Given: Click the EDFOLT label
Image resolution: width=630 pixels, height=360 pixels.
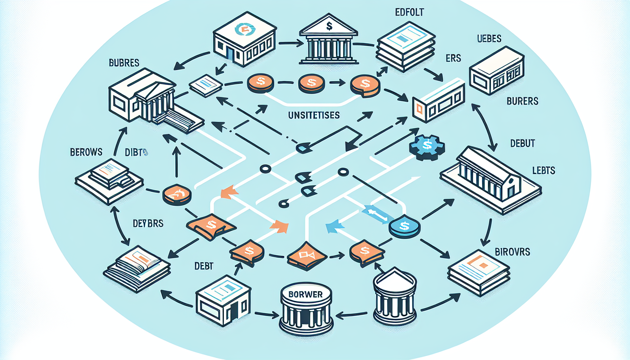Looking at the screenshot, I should pos(409,12).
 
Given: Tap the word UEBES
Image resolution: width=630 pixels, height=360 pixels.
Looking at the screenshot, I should pos(489,39).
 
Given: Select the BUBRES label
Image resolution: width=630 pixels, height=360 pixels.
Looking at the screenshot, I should pos(124,63).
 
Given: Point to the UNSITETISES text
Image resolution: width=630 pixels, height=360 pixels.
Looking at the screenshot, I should pos(314,115).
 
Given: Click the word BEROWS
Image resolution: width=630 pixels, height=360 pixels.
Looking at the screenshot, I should pos(86,152).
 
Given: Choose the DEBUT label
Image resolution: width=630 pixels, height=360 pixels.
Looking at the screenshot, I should pos(522,143).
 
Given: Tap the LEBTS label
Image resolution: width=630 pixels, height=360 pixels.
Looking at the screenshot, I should pos(544,171).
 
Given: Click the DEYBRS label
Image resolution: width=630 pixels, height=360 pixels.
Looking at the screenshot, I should pos(148,224).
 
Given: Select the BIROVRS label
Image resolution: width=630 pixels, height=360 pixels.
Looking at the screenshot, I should pos(512,252).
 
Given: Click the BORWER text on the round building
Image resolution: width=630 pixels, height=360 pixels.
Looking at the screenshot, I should pos(306,295).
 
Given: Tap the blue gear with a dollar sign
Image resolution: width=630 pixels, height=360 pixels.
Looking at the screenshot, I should pos(427,146).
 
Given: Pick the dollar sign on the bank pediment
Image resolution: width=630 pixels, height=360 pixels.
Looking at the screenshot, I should pos(329,26).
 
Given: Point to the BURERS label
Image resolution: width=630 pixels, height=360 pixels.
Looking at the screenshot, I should pos(522,101).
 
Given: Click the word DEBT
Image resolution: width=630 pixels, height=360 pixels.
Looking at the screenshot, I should pos(204,266).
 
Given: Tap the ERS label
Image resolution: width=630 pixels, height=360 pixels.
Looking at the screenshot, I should pos(453,58).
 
